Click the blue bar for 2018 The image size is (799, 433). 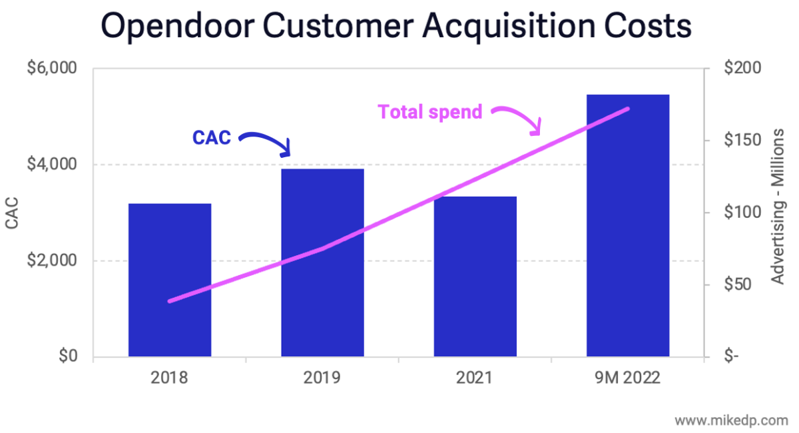pos(170,280)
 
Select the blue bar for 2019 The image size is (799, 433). pos(322,262)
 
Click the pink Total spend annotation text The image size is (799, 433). pos(430,112)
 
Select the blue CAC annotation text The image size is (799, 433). pos(212,138)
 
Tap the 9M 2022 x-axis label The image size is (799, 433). pos(627,378)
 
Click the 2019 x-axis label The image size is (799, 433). pos(322,378)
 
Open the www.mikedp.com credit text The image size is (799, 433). pos(730,420)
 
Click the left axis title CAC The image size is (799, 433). pos(12,213)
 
